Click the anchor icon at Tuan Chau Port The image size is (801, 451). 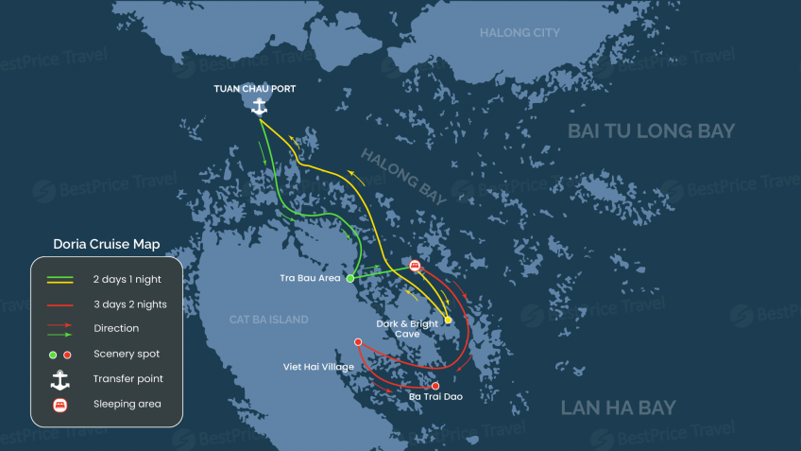coord(259,107)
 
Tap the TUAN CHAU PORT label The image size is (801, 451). coord(253,89)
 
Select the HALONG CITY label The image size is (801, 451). coord(520,33)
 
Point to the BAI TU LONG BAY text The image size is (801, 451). coord(651,131)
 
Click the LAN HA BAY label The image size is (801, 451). coord(618,408)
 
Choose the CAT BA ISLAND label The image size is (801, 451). coord(268,320)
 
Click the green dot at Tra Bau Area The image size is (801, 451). coord(350,279)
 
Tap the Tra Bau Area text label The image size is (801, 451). coord(311,279)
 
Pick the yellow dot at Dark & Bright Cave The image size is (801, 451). coord(448,320)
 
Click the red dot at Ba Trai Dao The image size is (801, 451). coord(435,386)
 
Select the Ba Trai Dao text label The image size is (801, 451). coord(435,397)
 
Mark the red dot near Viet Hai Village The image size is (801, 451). coord(358,342)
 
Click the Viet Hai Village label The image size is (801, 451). coord(318,367)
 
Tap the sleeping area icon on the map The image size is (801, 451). coord(415,265)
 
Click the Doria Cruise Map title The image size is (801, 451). coord(106,244)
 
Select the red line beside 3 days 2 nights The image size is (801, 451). coord(60,304)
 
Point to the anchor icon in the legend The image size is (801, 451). coord(60,379)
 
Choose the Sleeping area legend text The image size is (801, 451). coord(127,404)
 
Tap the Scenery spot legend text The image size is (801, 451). coord(126,354)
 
